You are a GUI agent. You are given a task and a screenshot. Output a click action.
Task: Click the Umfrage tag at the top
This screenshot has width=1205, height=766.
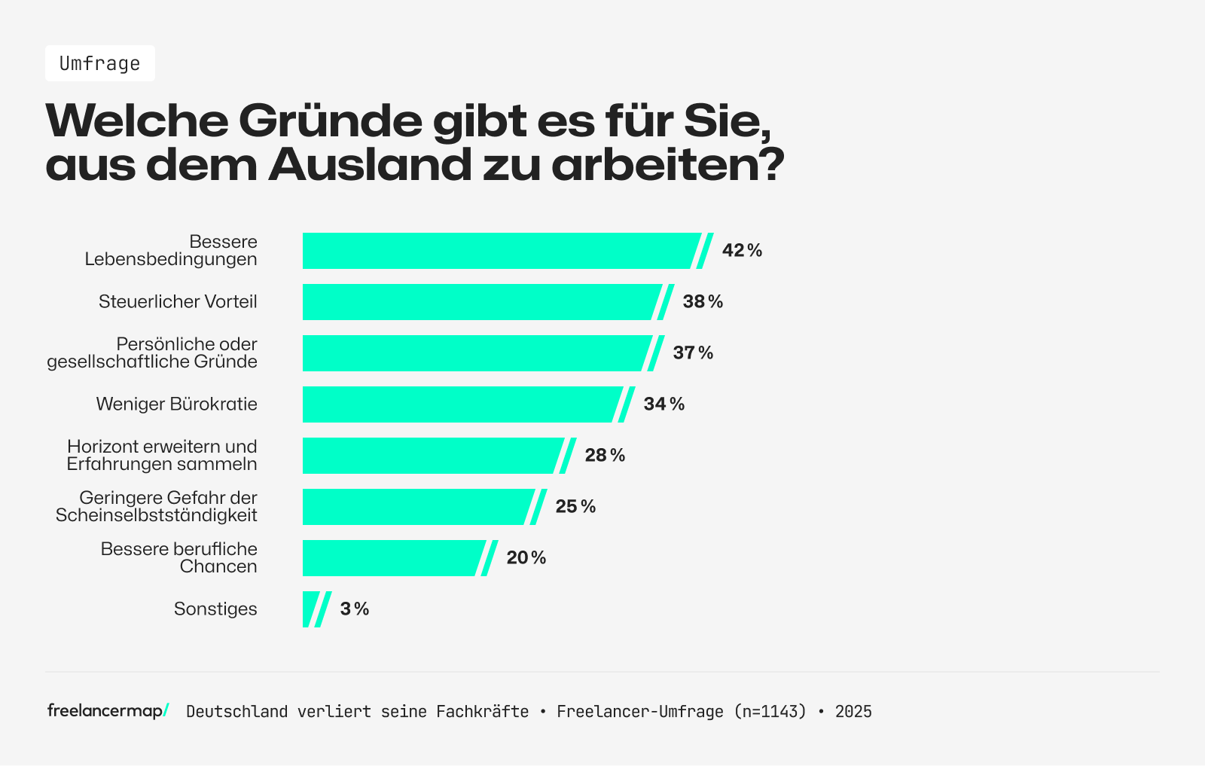[100, 63]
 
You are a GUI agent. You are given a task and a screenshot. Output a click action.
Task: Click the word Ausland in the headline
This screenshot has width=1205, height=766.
[369, 164]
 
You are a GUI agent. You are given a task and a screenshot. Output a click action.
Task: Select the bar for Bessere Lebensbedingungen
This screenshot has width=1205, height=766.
[497, 251]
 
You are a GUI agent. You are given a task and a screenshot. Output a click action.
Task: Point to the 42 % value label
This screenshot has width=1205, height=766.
[742, 251]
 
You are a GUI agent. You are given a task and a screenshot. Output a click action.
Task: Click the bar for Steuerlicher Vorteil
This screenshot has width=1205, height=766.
[478, 302]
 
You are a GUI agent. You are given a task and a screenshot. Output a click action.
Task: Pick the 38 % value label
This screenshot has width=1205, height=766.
[703, 302]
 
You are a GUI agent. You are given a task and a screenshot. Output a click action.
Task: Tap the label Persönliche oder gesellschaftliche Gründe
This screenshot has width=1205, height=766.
[152, 352]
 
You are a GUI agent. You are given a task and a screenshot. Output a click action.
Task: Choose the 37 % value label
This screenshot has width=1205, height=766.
[693, 353]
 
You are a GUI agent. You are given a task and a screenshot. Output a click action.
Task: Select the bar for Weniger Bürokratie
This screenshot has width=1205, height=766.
[459, 404]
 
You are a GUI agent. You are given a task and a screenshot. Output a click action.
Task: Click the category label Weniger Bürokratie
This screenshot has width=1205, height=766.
[176, 404]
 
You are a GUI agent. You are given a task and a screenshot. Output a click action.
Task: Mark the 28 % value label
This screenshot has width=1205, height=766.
[605, 456]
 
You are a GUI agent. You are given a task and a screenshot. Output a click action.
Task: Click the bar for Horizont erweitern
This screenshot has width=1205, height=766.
[429, 456]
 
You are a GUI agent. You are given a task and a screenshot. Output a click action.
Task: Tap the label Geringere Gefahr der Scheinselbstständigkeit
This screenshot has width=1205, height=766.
[157, 506]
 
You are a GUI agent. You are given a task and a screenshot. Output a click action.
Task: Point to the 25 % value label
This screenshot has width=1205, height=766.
[575, 507]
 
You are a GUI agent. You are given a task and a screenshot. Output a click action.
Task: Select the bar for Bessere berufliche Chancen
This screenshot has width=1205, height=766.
[392, 558]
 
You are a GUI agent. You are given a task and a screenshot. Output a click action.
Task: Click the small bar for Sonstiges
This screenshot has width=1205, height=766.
[310, 609]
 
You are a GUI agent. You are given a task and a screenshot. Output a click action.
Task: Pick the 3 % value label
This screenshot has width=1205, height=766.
[354, 609]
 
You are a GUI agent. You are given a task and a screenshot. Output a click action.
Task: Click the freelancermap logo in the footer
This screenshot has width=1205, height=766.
[108, 710]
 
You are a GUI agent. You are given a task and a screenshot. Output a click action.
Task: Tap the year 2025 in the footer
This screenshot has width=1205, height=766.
[853, 712]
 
